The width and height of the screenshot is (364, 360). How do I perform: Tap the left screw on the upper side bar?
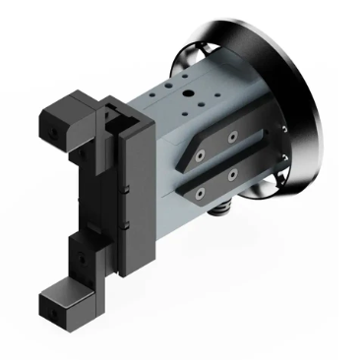click(x=202, y=155)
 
